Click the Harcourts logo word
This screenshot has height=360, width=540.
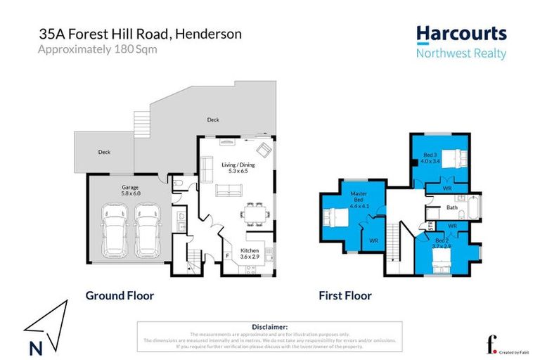461,33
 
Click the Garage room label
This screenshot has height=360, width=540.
129,190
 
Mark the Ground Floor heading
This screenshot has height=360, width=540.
120,295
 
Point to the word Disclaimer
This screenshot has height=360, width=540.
269,327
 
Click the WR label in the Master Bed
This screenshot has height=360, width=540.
373,240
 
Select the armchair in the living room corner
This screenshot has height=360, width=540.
263,150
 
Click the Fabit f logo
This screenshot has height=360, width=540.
490,345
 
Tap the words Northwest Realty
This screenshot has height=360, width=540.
461,54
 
